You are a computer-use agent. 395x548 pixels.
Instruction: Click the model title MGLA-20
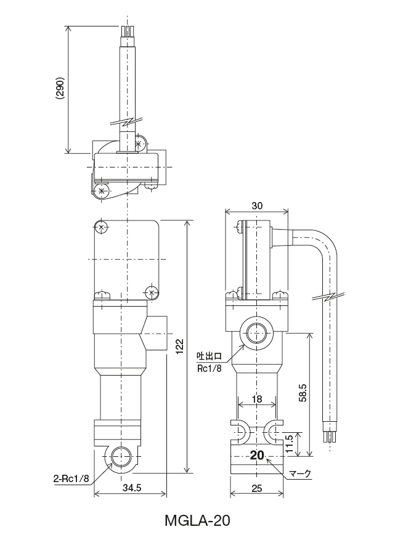pos(197,522)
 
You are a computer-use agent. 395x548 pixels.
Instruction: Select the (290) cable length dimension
pos(60,90)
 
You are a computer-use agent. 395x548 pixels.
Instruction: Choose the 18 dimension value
pos(257,400)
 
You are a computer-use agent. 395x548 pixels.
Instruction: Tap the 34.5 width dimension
pos(130,488)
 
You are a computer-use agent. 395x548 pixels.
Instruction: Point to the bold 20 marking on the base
pos(257,456)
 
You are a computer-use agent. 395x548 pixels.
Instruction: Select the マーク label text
pos(300,474)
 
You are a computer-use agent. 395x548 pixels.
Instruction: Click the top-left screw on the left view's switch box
pos(100,227)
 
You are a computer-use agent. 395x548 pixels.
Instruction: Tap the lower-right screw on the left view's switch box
pos(150,292)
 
